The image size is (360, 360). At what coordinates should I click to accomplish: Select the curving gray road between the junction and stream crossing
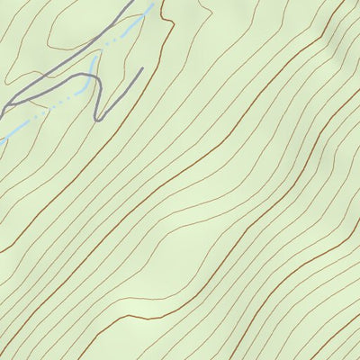pos(54,87)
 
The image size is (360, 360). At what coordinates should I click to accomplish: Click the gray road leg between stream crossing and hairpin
pos(96,94)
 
